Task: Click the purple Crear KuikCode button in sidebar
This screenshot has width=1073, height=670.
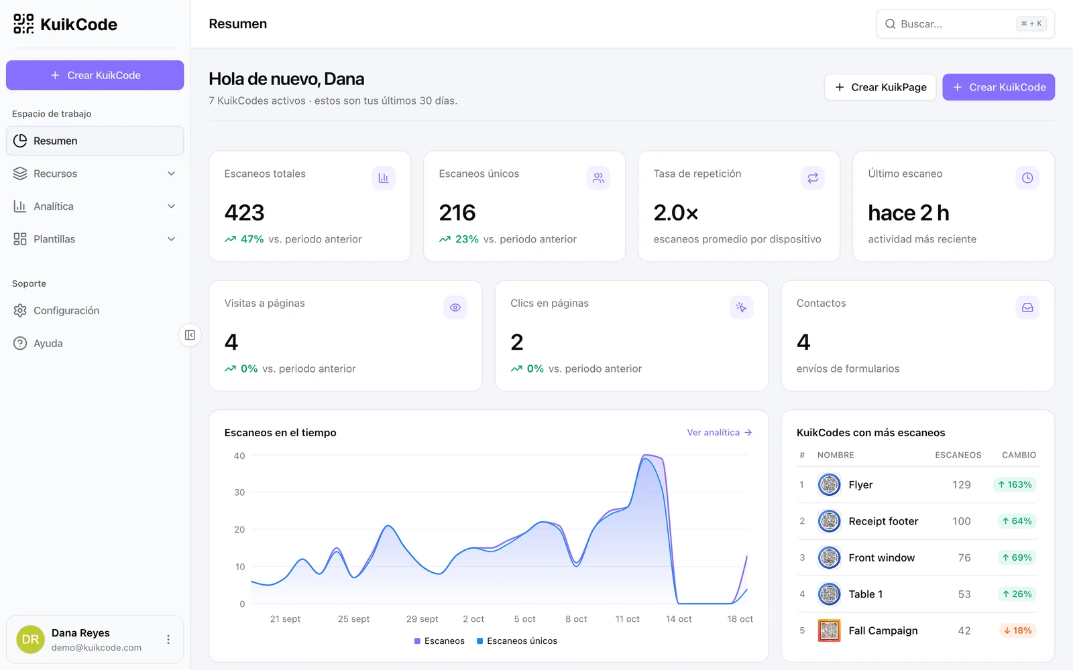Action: click(95, 75)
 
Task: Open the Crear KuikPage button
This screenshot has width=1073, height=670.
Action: click(880, 87)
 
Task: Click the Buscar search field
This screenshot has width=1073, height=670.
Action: click(965, 24)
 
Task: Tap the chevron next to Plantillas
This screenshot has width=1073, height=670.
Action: click(171, 239)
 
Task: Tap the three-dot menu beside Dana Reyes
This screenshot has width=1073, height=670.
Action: click(168, 639)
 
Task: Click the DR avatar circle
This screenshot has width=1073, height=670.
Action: click(30, 639)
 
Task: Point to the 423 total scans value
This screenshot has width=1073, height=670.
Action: click(244, 212)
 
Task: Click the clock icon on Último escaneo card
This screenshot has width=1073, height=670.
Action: click(1027, 178)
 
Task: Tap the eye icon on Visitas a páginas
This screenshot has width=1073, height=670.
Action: click(455, 308)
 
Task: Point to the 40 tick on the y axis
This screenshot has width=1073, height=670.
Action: click(239, 456)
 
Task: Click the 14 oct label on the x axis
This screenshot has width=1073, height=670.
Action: click(679, 619)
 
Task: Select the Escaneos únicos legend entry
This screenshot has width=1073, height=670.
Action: click(517, 641)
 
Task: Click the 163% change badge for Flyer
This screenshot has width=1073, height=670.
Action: click(1015, 485)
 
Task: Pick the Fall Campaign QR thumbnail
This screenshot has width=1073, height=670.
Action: click(829, 630)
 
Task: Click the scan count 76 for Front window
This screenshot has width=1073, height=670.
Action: click(964, 557)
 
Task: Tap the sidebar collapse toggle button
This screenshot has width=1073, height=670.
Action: click(190, 335)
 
